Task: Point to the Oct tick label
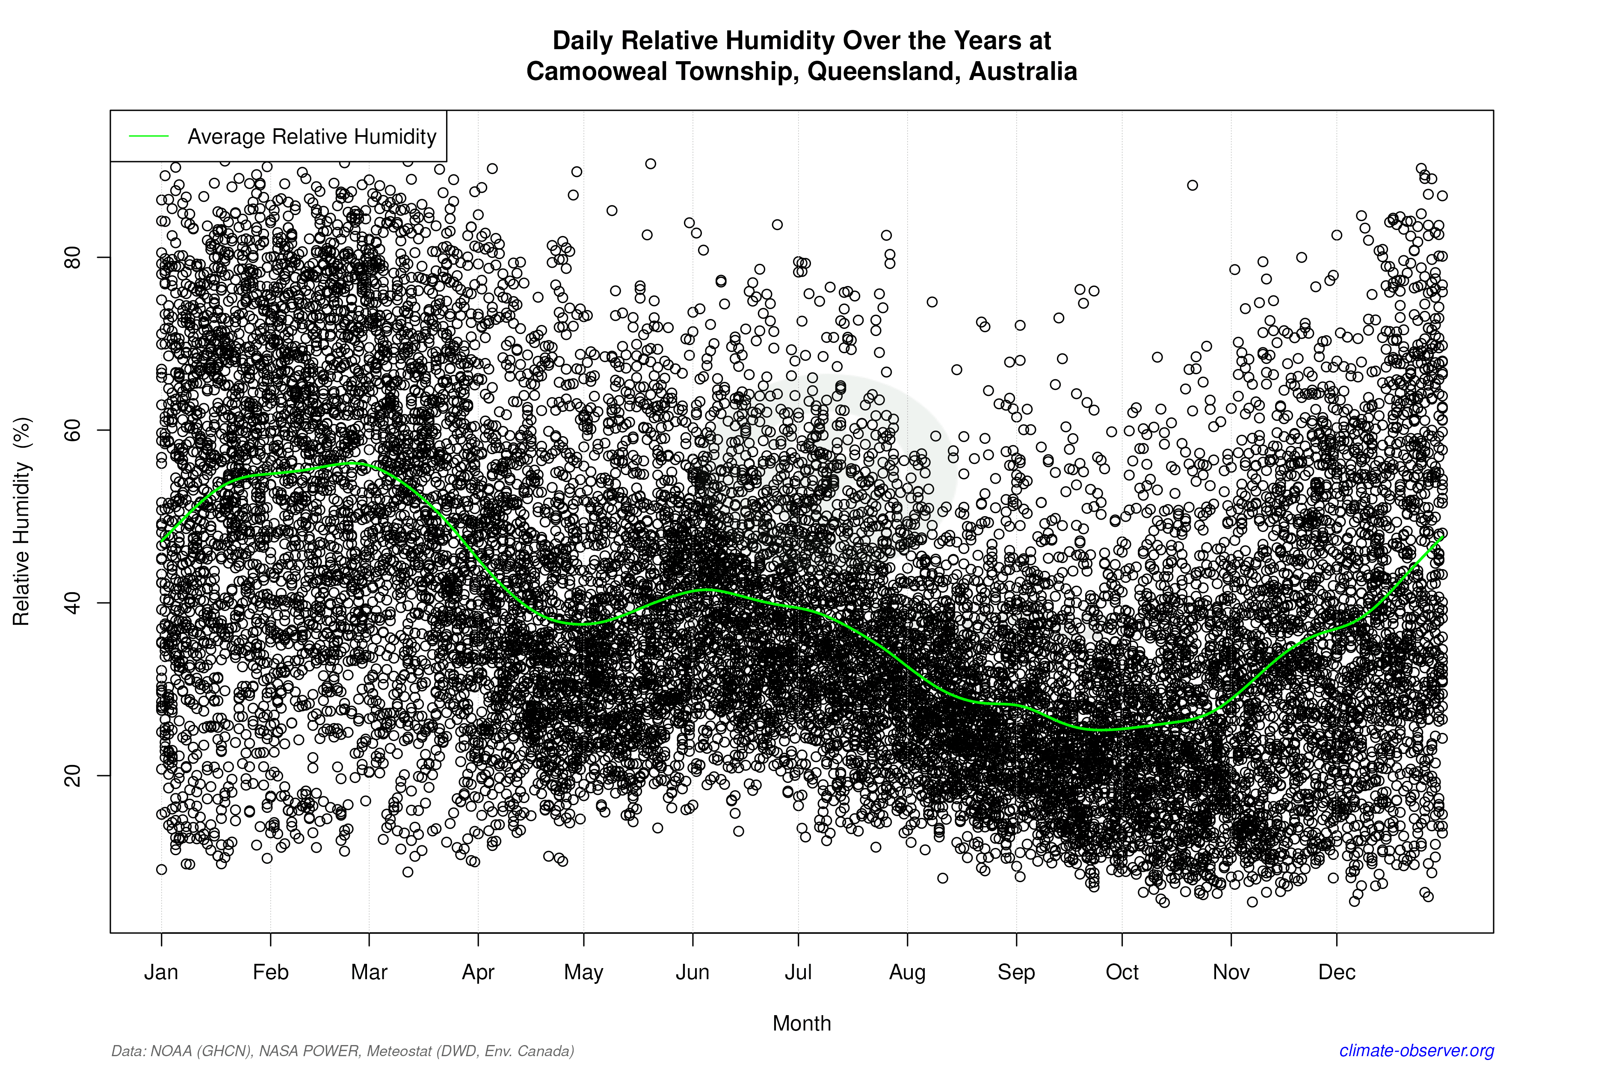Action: (1122, 972)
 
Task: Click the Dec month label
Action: (1337, 972)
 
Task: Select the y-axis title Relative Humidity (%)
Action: (22, 522)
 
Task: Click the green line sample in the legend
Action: (149, 136)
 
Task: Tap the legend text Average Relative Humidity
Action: (312, 136)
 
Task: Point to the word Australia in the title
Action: (1023, 71)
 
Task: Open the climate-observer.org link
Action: (1417, 1051)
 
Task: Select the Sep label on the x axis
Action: (1016, 972)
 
